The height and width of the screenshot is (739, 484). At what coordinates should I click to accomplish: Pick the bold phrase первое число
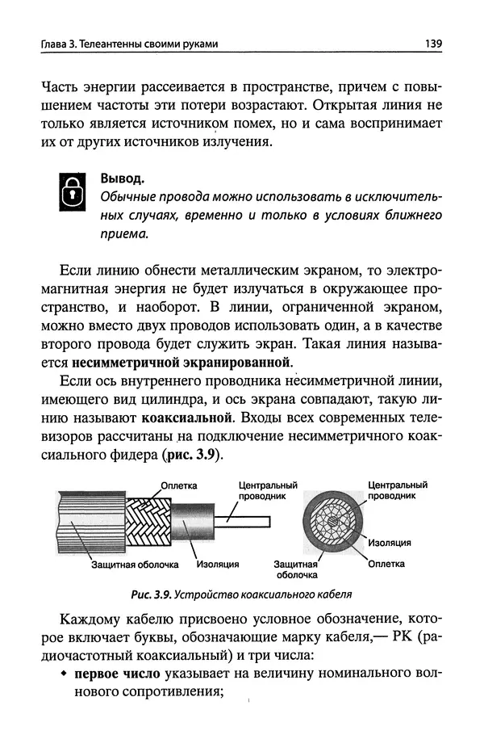[118, 674]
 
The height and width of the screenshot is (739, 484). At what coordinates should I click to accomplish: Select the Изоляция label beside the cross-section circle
[390, 542]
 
